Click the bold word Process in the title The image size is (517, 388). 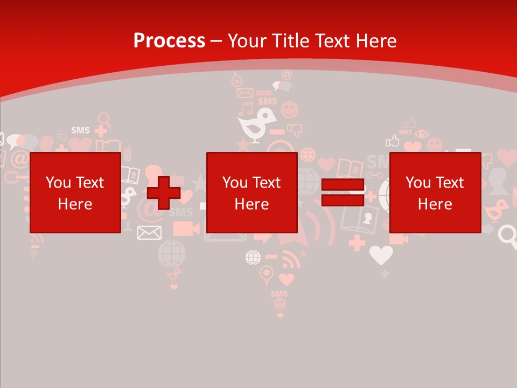169,41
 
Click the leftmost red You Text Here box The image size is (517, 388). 75,192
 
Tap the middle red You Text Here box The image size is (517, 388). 251,192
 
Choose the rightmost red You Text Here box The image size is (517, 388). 435,192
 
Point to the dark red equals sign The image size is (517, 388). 343,192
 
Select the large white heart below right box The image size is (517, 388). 381,254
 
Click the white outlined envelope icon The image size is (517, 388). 149,232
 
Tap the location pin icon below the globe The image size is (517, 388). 266,275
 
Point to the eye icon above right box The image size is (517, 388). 422,134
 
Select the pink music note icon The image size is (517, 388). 246,109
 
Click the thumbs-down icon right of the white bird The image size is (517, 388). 294,129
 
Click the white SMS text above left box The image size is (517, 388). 80,130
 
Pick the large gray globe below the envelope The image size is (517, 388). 171,253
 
